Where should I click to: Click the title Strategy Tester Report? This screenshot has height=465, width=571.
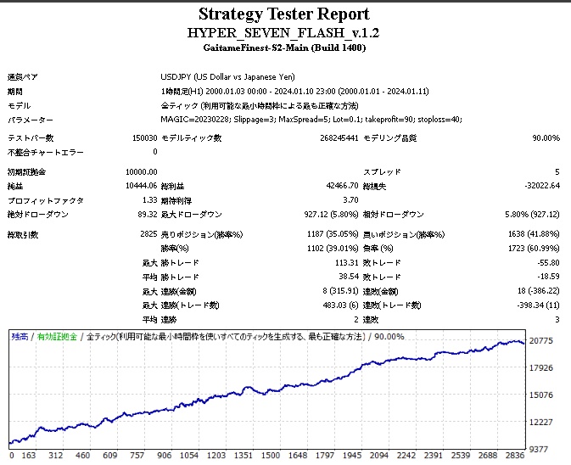click(x=284, y=14)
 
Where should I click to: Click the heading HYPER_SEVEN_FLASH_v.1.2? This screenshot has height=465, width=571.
click(x=284, y=32)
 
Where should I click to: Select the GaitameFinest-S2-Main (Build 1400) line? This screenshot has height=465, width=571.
click(x=284, y=49)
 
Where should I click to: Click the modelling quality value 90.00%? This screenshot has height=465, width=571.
click(x=546, y=137)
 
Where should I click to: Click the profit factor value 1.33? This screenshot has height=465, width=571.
click(x=148, y=199)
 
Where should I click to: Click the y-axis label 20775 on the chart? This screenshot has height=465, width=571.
click(x=541, y=340)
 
